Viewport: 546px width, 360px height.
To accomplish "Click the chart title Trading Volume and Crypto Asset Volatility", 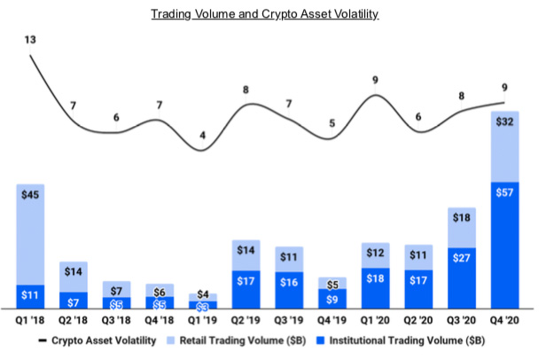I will tap(272, 15).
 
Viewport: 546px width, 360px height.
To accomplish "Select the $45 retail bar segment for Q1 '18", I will tap(31, 235).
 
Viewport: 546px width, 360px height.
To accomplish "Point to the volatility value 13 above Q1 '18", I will tap(31, 40).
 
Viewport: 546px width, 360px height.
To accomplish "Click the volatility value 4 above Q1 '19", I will tap(203, 136).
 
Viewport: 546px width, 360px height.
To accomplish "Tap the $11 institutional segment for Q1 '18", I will tap(31, 297).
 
